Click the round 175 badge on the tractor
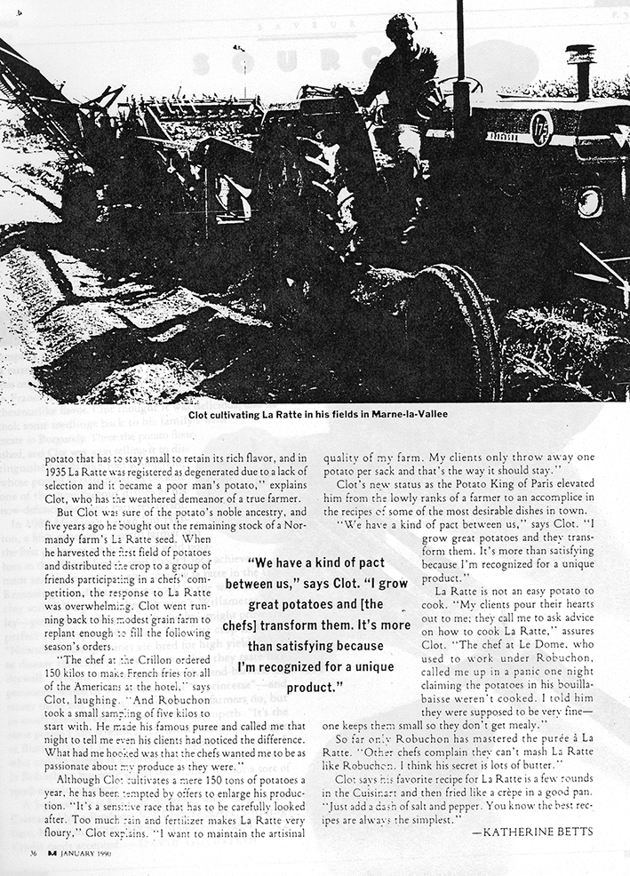[541, 129]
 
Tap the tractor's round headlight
[589, 203]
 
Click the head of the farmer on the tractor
[402, 28]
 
